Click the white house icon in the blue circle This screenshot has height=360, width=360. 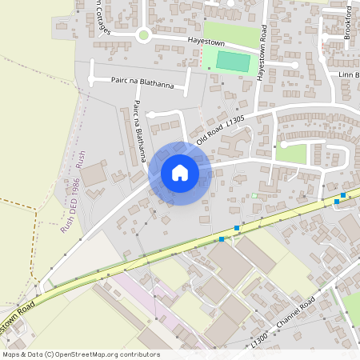click(180, 173)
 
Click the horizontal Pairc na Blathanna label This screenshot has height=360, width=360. click(143, 79)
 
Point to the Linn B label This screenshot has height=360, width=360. click(350, 74)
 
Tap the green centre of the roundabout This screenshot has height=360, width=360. click(144, 34)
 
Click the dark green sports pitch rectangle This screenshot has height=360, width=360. click(233, 60)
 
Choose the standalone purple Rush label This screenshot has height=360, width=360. click(80, 158)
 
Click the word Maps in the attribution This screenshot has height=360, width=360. click(12, 354)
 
